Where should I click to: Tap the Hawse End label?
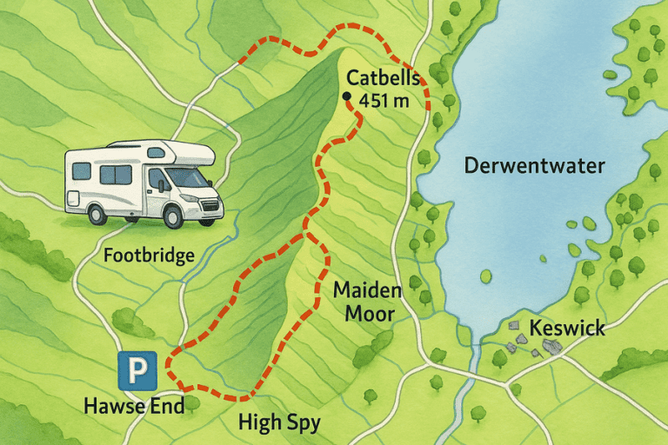click(134, 406)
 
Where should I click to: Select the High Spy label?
click(279, 422)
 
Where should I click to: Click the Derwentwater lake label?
click(534, 165)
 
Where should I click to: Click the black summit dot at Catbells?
click(347, 96)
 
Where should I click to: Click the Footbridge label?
click(148, 256)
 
